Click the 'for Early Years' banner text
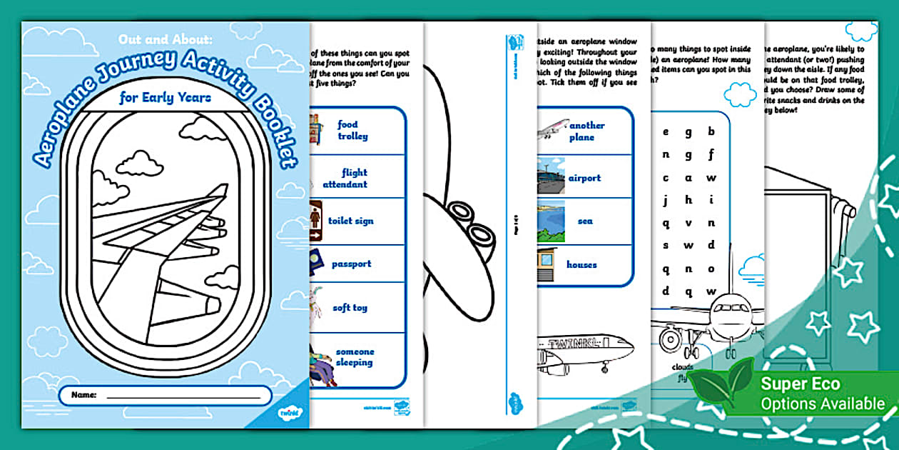click(x=166, y=98)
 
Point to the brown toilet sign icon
click(x=315, y=216)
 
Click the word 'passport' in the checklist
click(x=351, y=264)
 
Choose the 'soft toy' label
click(x=350, y=308)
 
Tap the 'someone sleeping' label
click(x=355, y=357)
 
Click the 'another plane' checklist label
click(x=587, y=131)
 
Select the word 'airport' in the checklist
click(x=584, y=178)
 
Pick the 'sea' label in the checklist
click(x=585, y=221)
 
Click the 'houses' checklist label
click(x=581, y=264)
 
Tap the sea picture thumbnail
click(x=551, y=220)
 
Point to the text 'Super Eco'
click(x=801, y=384)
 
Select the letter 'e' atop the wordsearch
click(x=666, y=131)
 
